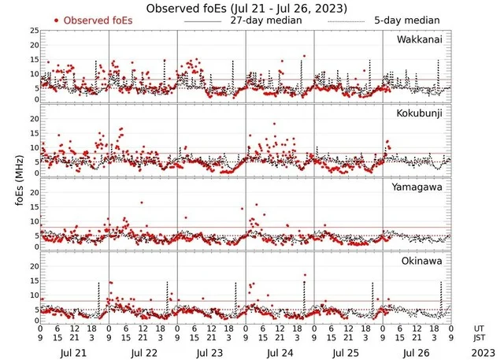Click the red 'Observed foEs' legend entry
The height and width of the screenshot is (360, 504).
coord(94,20)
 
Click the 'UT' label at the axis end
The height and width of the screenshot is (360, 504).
coord(477,328)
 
